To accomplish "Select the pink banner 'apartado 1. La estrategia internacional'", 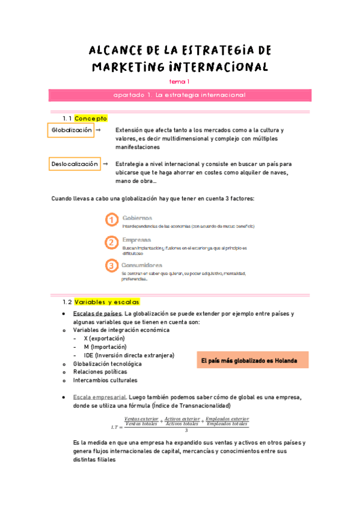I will click(180, 95).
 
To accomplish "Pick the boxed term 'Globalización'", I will click(72, 130).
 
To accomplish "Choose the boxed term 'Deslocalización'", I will click(75, 164).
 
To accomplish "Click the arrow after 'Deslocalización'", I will click(106, 164).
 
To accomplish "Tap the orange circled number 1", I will click(111, 220).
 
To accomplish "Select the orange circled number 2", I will click(111, 243).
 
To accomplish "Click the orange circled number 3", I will click(111, 266).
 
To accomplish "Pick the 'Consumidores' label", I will click(142, 265).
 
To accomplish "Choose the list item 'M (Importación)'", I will click(105, 347).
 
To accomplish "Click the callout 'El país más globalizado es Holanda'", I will click(252, 360).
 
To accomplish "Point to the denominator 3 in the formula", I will click(186, 430).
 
